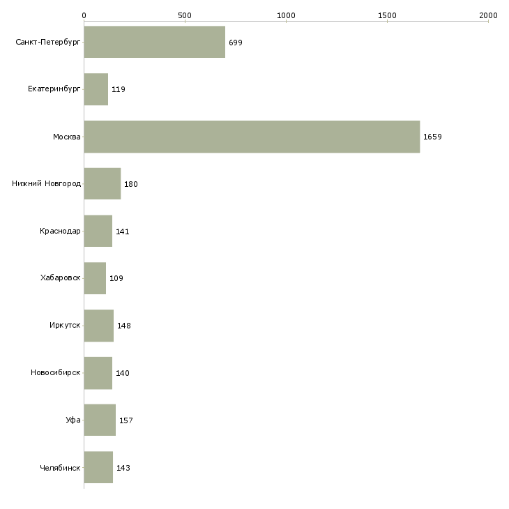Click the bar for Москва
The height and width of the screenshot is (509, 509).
[x=252, y=137]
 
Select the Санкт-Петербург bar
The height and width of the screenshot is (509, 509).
[x=154, y=42]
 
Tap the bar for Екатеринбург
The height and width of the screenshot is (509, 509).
[x=96, y=89]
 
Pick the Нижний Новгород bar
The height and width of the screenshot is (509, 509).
[x=102, y=184]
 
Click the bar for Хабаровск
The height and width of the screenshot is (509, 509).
[x=95, y=278]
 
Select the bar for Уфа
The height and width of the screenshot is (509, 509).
[x=100, y=420]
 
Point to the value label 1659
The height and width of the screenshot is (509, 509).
[x=432, y=137]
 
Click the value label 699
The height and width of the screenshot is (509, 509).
[x=236, y=43]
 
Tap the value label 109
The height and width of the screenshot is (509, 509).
[x=116, y=278]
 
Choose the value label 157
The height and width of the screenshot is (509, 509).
[x=126, y=420]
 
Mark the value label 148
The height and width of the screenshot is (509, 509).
[x=124, y=326]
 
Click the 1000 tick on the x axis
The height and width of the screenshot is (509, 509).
[x=286, y=15]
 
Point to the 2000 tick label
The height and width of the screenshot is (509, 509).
[x=488, y=15]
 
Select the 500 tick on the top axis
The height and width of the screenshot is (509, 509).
[x=185, y=15]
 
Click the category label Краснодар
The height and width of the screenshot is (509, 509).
[x=60, y=231]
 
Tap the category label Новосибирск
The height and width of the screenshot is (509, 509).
[x=55, y=372]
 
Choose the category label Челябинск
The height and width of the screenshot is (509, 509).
[x=60, y=467]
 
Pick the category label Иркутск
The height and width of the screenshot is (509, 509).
[x=65, y=326]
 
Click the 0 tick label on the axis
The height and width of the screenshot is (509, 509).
[x=84, y=15]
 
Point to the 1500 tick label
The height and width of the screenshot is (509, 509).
[x=387, y=15]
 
